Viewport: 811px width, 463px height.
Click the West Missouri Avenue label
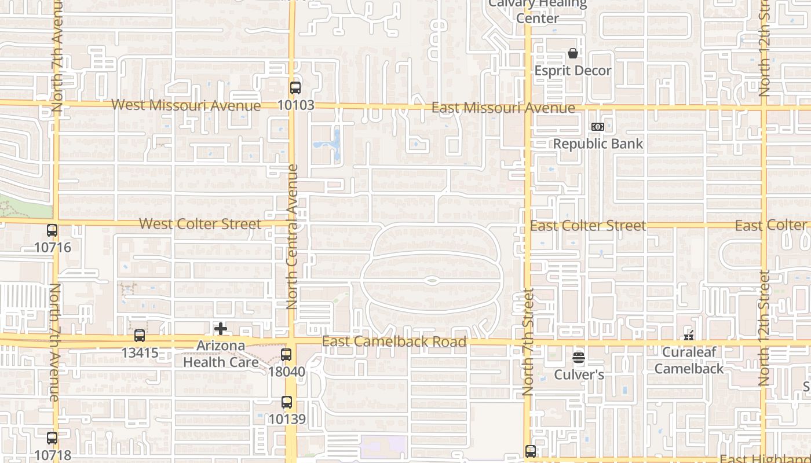click(186, 105)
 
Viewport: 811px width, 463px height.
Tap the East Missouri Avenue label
click(503, 108)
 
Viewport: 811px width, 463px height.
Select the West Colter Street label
click(200, 224)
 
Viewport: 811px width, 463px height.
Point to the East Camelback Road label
click(394, 341)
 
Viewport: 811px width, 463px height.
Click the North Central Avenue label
click(292, 237)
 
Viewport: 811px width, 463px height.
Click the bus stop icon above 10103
click(295, 88)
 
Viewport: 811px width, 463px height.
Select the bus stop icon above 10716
click(52, 230)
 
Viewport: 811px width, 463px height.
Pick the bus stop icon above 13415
click(140, 336)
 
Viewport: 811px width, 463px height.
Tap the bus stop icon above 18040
click(286, 355)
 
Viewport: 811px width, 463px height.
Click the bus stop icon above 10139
click(287, 402)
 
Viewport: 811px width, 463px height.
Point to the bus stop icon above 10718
click(52, 438)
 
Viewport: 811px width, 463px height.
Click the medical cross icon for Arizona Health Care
click(221, 329)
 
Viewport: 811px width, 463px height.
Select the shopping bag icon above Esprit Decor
click(573, 54)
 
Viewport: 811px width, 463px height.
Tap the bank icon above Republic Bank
click(598, 127)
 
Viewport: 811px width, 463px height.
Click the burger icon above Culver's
click(579, 358)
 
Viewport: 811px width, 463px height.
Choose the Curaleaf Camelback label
click(689, 360)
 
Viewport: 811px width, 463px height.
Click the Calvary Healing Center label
click(537, 11)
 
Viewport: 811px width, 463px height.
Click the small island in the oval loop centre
click(431, 281)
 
